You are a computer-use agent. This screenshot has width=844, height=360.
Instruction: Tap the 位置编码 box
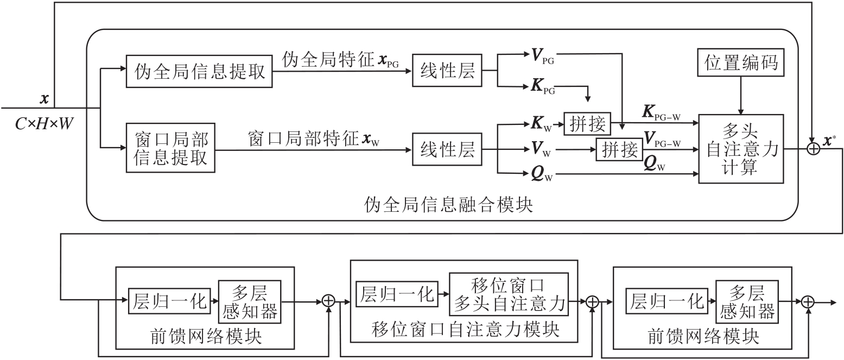[x=741, y=62]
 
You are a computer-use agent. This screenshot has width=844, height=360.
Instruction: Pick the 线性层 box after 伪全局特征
[x=447, y=71]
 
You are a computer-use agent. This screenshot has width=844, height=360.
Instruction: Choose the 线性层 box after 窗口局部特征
[x=447, y=148]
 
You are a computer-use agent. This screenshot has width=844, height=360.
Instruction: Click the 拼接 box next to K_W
[x=587, y=124]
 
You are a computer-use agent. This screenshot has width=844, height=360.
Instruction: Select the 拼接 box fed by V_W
[x=619, y=149]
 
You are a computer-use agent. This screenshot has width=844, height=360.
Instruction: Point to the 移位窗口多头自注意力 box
[x=509, y=295]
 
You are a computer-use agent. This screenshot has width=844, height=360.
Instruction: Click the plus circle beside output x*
[x=813, y=148]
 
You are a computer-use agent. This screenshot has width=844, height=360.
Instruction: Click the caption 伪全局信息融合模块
[x=449, y=206]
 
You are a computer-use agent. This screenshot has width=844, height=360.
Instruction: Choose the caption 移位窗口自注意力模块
[x=465, y=329]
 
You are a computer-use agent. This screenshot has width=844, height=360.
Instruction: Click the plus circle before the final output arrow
[x=808, y=302]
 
